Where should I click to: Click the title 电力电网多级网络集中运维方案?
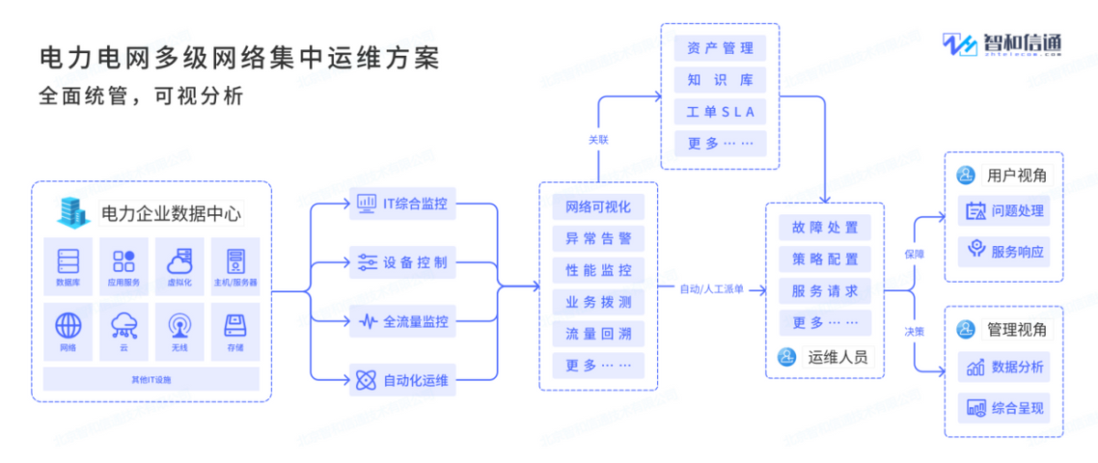point(239,59)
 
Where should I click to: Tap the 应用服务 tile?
point(124,265)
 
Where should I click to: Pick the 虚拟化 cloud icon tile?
point(179,265)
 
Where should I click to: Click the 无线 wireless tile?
point(179,330)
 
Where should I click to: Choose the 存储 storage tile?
point(235,330)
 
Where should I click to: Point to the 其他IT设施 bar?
point(151,379)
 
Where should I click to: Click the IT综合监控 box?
point(403,203)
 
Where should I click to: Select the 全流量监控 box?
point(403,321)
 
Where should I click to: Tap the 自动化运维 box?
point(403,380)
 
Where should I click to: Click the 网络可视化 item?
point(597,207)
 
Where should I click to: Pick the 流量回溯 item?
point(597,334)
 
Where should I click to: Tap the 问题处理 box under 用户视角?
point(1004,211)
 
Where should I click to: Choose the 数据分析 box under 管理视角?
point(1004,367)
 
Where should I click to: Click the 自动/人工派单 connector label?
point(711,289)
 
